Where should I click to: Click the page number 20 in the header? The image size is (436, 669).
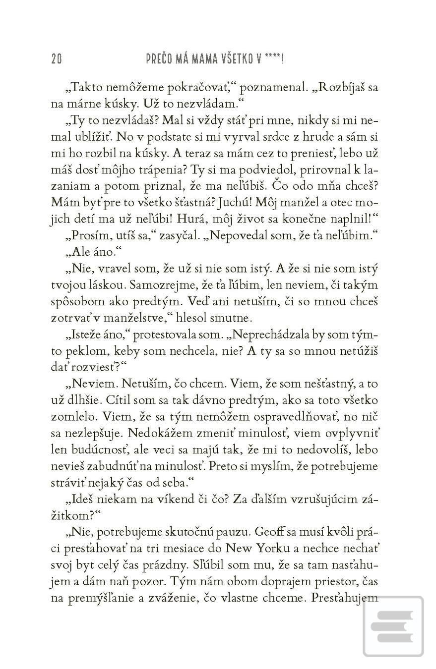(x=56, y=59)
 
